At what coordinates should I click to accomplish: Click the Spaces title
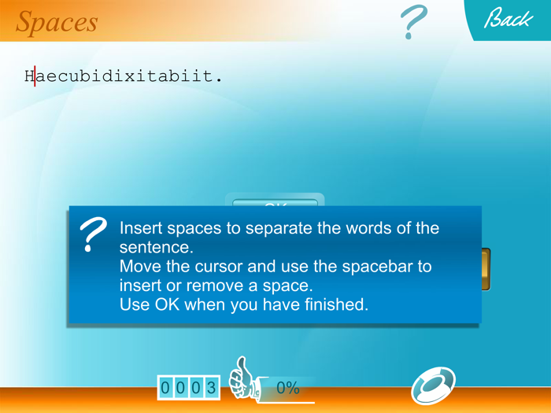pos(57,22)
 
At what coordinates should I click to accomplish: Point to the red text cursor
pos(35,76)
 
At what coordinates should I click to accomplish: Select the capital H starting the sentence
pos(29,76)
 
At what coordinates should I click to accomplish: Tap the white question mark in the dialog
pos(94,234)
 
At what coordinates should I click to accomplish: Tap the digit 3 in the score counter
pos(211,388)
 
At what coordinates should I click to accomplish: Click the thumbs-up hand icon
pos(242,378)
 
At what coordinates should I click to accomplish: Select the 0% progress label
pos(288,388)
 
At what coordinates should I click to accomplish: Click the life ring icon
pos(433,385)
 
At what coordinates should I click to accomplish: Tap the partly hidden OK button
pos(275,202)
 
